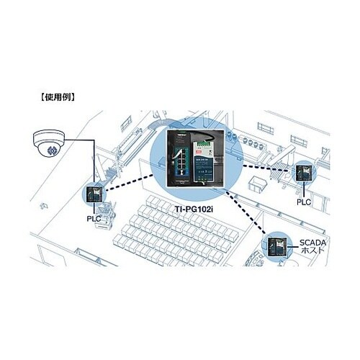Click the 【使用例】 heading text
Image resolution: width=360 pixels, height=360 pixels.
(57, 97)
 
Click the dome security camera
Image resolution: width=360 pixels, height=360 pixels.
(49, 143)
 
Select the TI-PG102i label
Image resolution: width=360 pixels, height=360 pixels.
(194, 209)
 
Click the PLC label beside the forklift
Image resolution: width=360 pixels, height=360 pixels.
(94, 219)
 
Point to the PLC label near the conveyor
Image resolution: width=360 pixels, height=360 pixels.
(304, 202)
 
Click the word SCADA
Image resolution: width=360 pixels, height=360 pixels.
(312, 243)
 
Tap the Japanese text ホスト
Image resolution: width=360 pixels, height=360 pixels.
(312, 250)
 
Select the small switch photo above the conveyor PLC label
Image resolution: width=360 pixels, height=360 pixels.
(304, 173)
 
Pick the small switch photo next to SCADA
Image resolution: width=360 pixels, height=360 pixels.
(277, 247)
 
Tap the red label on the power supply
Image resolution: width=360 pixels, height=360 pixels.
(199, 152)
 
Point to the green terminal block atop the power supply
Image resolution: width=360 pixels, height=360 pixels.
(203, 143)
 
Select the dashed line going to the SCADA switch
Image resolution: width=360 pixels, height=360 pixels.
(246, 211)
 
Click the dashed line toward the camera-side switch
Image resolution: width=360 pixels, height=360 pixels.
(130, 183)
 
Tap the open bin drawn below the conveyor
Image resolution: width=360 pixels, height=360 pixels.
(258, 184)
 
